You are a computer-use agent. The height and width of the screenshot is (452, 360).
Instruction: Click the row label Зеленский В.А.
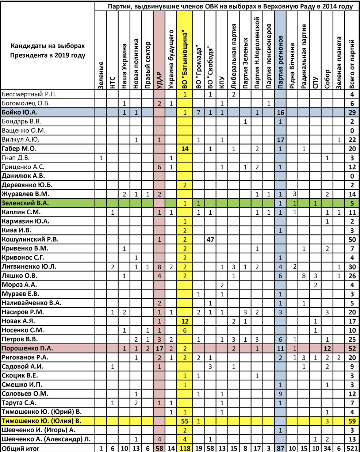(26, 203)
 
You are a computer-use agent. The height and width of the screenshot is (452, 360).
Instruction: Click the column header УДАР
(159, 78)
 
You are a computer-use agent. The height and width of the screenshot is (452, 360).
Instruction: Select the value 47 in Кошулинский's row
(210, 240)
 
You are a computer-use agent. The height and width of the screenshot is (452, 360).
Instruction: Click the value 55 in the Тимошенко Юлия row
(185, 421)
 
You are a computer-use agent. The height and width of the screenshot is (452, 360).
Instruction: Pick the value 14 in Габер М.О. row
(185, 149)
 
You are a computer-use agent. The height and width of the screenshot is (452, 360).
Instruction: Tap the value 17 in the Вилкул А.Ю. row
(280, 139)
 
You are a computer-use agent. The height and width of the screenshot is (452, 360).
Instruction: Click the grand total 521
(352, 448)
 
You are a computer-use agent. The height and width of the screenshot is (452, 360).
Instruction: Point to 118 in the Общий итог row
(185, 448)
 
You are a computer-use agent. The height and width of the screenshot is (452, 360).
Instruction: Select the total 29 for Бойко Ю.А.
(352, 112)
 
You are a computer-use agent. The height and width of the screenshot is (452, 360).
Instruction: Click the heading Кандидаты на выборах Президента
(47, 51)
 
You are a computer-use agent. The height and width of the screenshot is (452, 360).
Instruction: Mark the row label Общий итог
(20, 448)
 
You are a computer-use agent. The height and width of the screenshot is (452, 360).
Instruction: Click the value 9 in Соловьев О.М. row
(280, 394)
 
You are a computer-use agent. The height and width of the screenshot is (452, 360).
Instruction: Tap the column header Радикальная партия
(304, 57)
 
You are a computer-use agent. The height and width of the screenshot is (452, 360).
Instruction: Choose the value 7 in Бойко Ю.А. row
(199, 112)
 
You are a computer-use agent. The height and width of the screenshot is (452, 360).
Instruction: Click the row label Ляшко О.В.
(20, 276)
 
